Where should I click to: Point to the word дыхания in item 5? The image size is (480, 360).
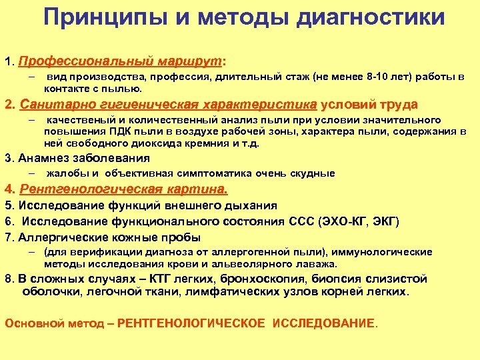click(253, 205)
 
